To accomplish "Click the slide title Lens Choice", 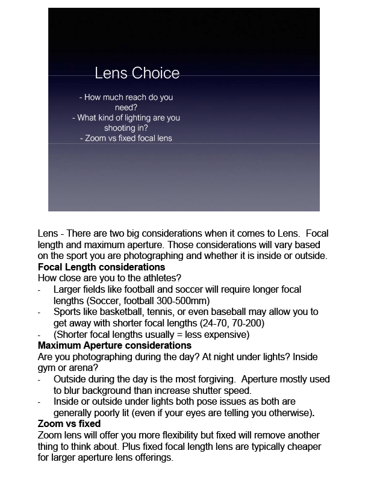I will [137, 73].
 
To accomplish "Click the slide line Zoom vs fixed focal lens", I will [126, 139].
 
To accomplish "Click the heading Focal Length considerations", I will [101, 267].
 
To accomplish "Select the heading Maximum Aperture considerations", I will [114, 346].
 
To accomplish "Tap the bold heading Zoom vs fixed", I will [69, 424].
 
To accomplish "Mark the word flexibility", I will [179, 435].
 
